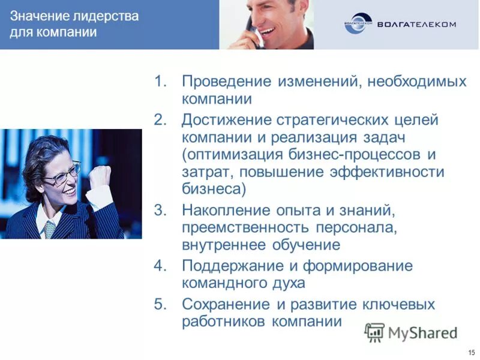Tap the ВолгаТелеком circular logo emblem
tap(358, 24)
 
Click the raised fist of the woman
tap(100, 176)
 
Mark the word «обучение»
tap(306, 245)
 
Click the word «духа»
tap(286, 283)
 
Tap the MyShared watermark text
tap(422, 333)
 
